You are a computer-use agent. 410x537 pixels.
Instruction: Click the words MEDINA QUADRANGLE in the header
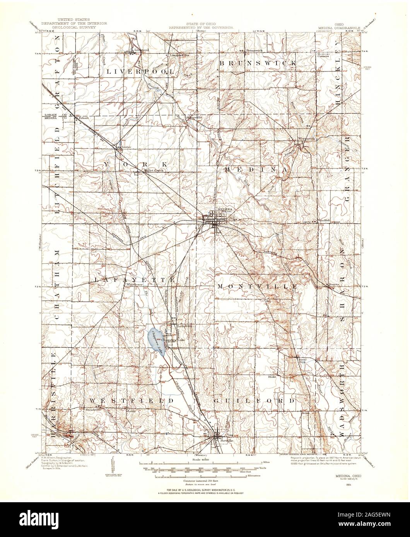[x=340, y=28]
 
